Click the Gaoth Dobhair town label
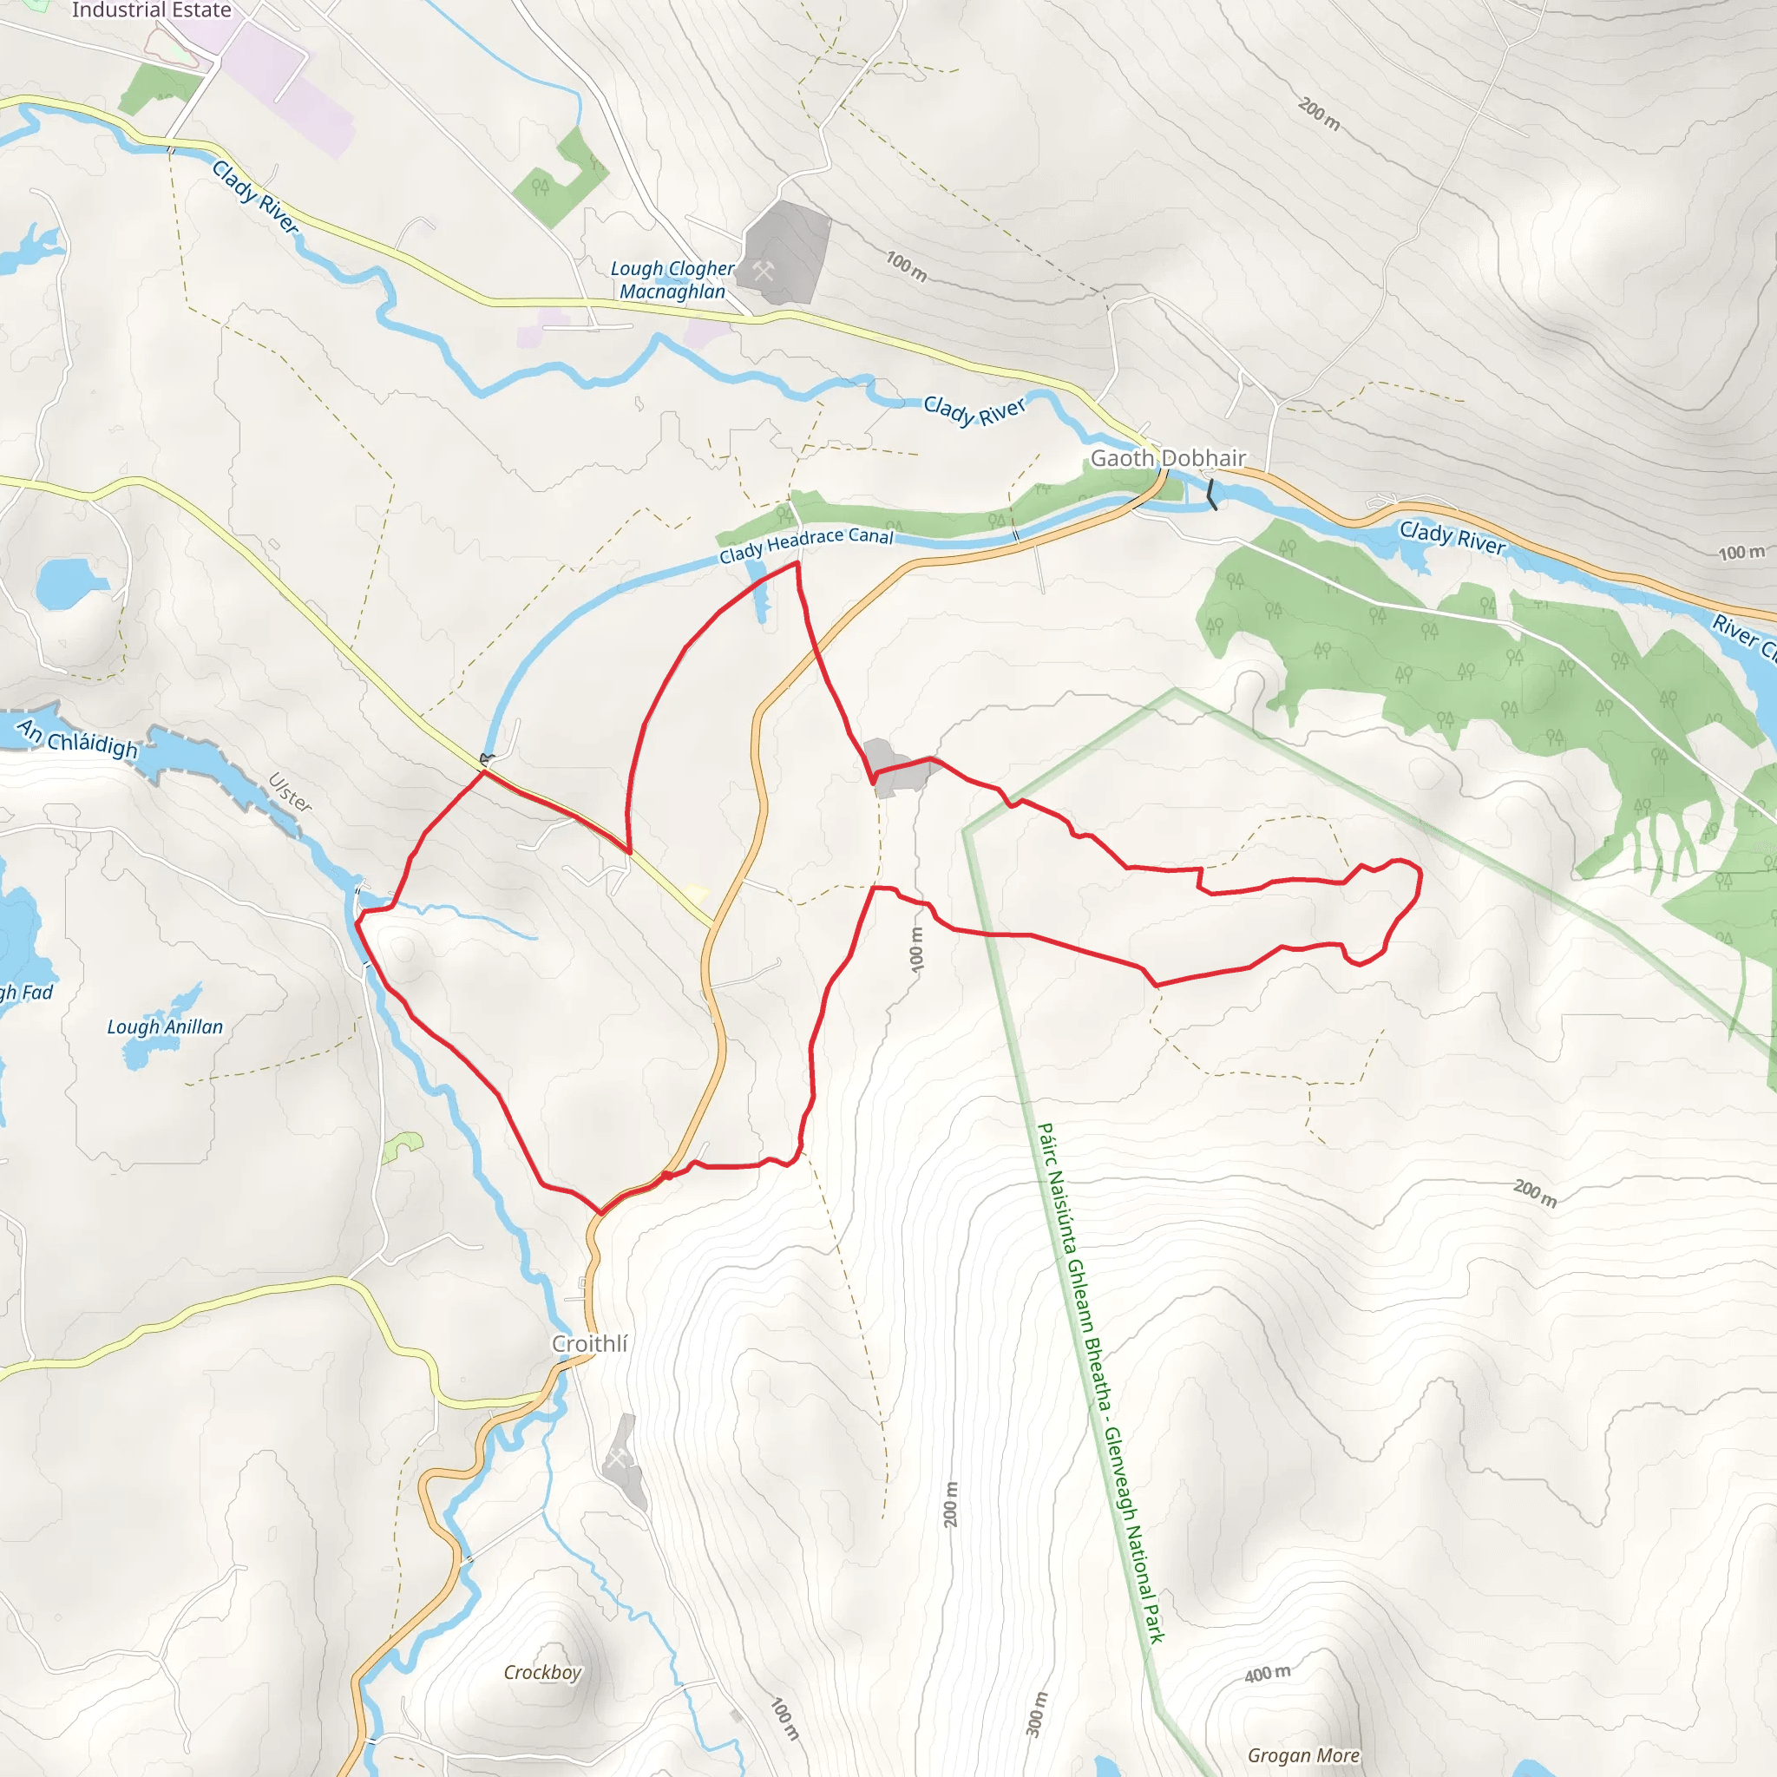point(1167,458)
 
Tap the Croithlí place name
point(589,1344)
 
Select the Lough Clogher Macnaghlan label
point(672,279)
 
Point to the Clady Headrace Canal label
point(806,545)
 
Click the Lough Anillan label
point(165,1027)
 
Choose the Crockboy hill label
point(541,1672)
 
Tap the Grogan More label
point(1302,1755)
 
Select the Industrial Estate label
point(151,10)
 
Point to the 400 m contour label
point(1268,1674)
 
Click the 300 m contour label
point(1036,1715)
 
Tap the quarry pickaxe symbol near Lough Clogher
point(764,272)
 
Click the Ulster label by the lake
point(291,793)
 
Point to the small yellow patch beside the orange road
point(698,892)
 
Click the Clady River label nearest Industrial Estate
point(255,196)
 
